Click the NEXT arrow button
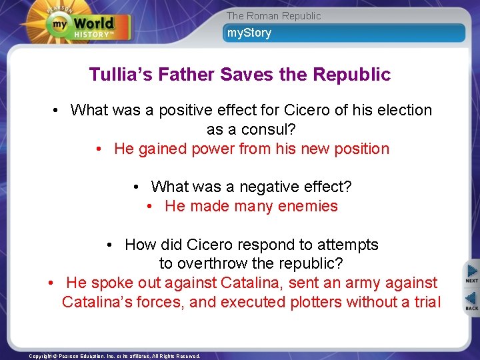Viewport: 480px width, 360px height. [x=471, y=274]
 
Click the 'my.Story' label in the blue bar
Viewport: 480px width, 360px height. [x=249, y=33]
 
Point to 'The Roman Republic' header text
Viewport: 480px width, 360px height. [x=273, y=15]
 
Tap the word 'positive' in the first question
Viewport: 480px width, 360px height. [x=187, y=110]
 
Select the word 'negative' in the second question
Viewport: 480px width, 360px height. [x=253, y=187]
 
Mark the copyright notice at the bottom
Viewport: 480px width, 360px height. [x=115, y=356]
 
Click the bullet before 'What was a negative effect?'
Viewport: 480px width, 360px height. [x=136, y=187]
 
